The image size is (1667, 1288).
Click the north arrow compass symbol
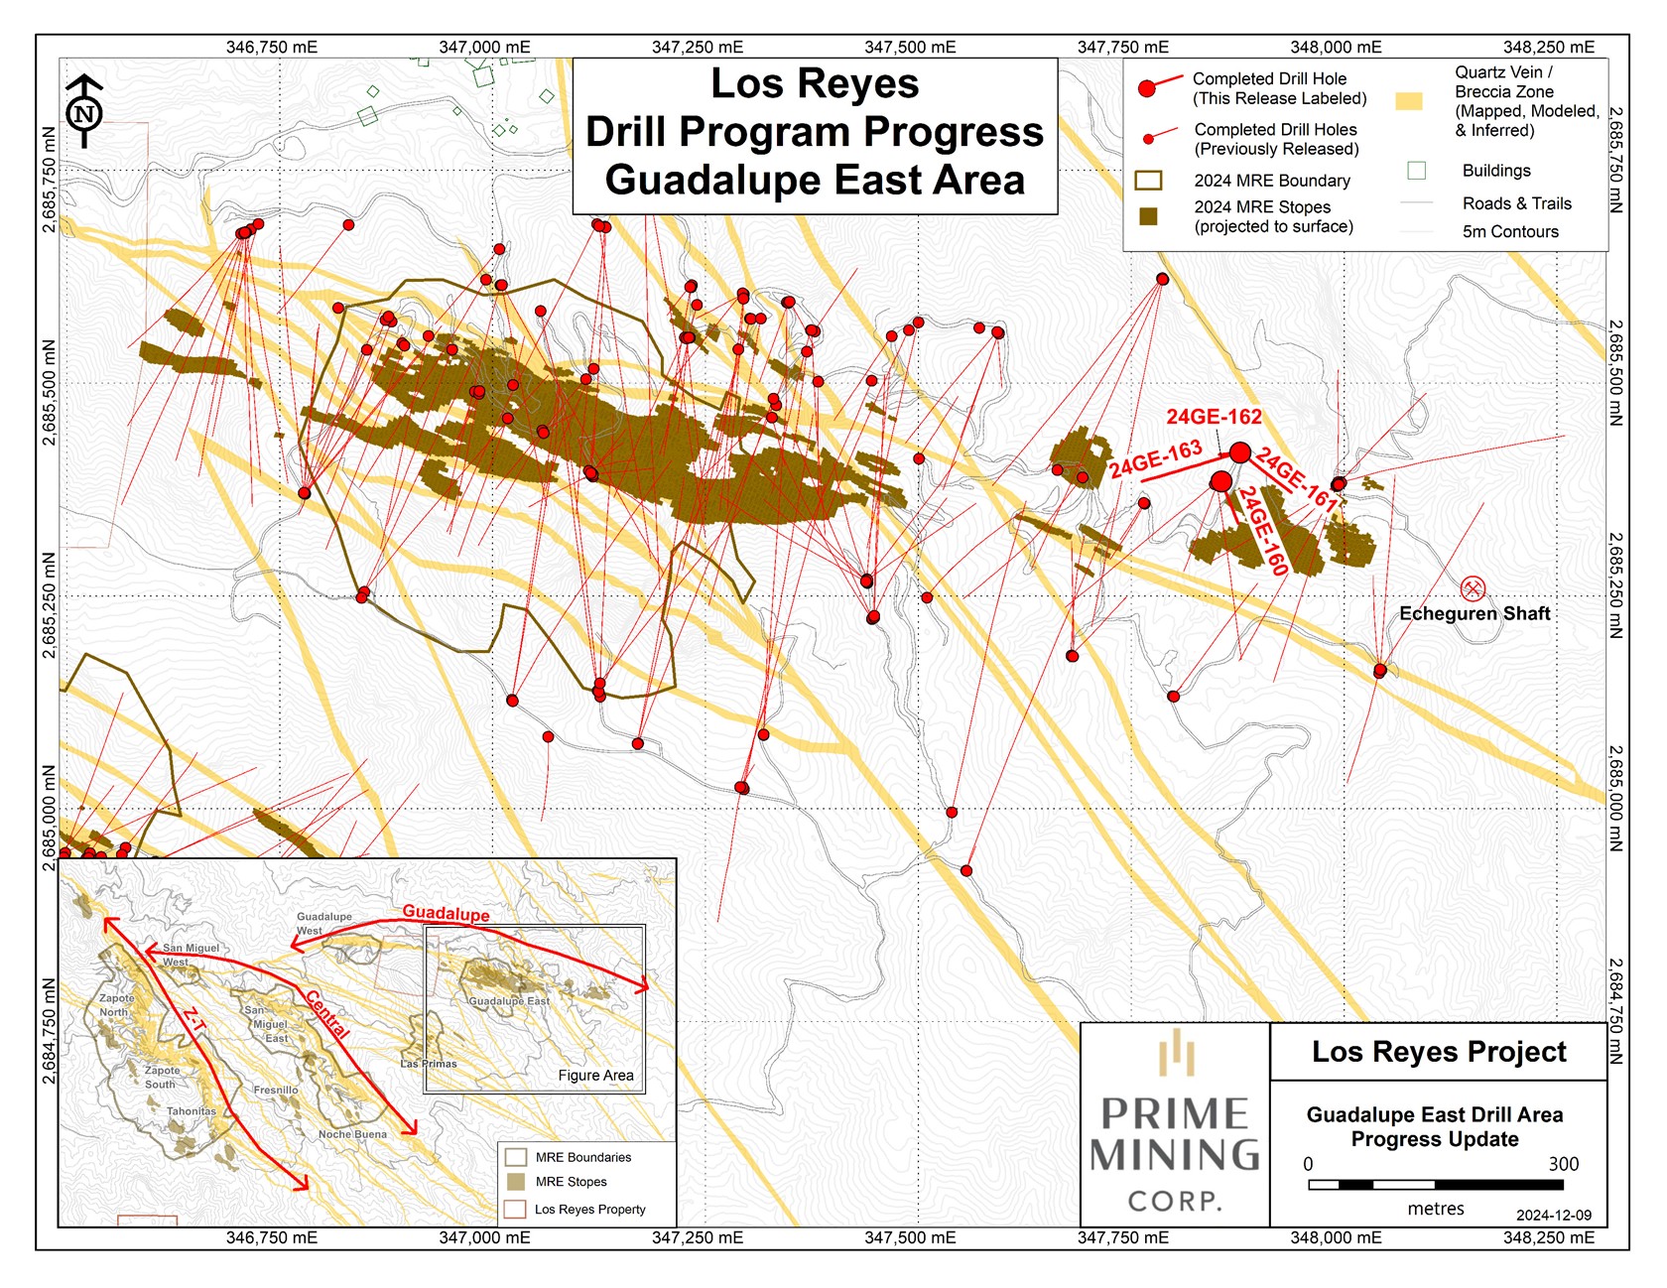(84, 111)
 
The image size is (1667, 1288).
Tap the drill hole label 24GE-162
(1214, 417)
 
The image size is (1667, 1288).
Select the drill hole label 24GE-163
(1156, 459)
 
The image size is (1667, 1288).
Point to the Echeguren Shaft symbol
(1473, 588)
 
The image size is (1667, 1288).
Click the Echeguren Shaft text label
(1475, 614)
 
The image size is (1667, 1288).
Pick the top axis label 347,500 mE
(910, 47)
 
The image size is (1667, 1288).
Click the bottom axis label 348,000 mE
(1336, 1237)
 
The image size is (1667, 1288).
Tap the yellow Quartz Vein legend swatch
(1408, 101)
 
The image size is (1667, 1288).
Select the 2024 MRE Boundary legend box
(1148, 181)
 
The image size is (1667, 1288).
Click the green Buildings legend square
(1417, 171)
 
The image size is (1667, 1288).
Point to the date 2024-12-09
(1553, 1216)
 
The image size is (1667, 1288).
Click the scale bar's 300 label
(1563, 1164)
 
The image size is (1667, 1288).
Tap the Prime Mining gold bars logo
(1176, 1054)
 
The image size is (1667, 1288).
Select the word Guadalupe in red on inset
(446, 912)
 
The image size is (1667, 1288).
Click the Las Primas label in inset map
(429, 1064)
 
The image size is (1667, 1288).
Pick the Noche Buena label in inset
(352, 1134)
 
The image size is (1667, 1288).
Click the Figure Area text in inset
(595, 1076)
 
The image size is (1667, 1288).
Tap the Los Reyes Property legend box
(515, 1210)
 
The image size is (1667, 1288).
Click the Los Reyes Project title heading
(1439, 1052)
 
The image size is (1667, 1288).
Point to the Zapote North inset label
(115, 1005)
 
